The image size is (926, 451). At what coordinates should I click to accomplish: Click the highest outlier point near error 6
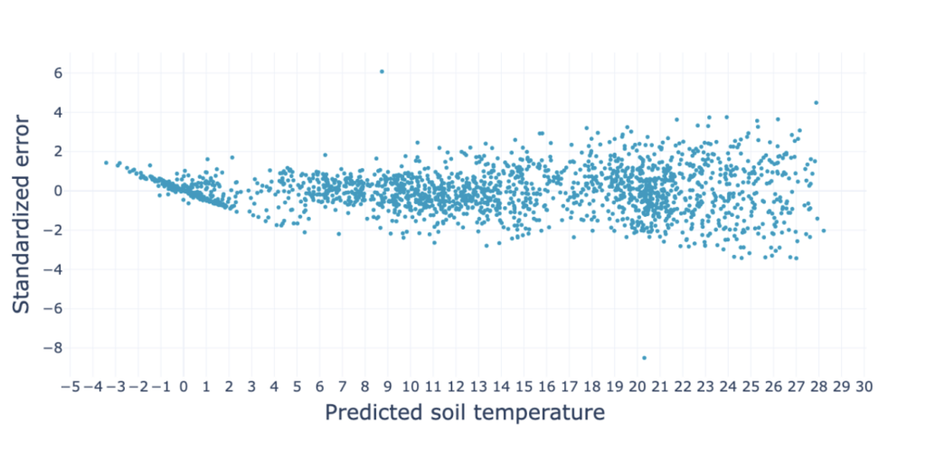pos(382,71)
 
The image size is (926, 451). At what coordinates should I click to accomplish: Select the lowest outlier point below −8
pos(644,358)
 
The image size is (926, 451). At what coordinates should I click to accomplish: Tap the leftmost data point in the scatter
pos(106,163)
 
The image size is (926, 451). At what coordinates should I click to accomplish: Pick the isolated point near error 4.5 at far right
pos(816,103)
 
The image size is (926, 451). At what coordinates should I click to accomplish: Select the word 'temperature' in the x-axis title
pos(534,414)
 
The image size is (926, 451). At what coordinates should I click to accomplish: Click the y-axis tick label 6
pos(56,73)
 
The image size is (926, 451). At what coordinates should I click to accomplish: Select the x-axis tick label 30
pos(864,387)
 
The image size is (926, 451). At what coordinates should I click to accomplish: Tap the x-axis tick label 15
pos(524,387)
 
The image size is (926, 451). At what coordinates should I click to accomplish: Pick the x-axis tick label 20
pos(638,387)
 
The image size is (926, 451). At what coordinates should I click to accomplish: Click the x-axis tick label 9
pos(388,387)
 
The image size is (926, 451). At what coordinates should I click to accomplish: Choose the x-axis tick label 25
pos(751,387)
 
